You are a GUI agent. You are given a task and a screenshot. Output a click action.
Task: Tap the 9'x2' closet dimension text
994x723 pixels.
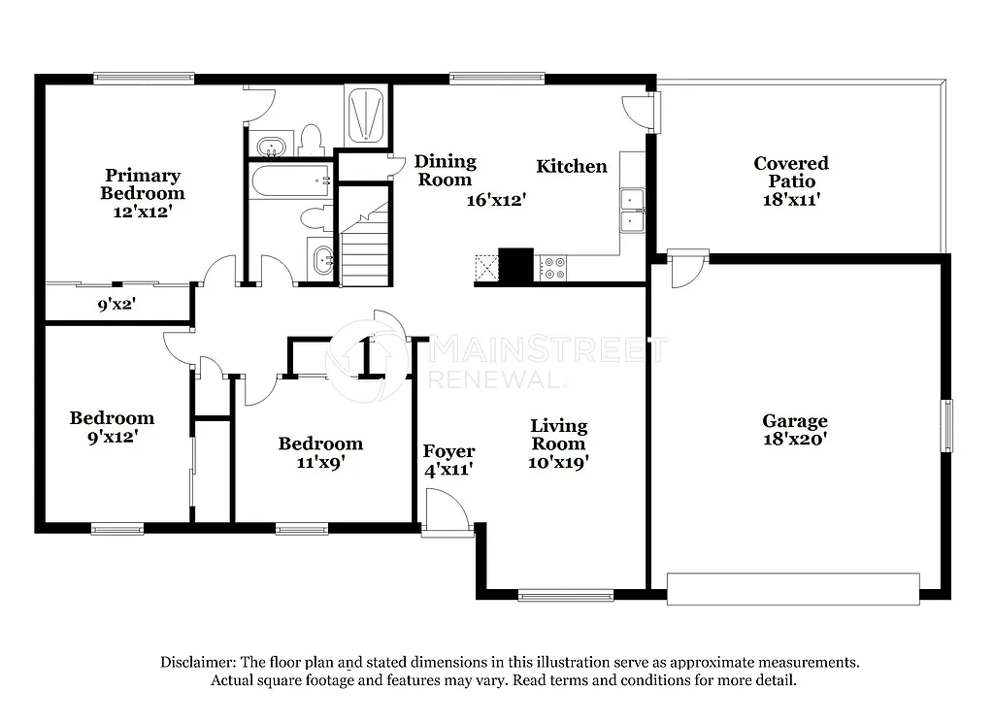pos(116,303)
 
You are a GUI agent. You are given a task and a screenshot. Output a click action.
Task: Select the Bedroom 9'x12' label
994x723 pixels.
pos(112,427)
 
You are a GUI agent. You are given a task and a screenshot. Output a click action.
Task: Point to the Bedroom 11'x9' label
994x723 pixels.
pos(320,452)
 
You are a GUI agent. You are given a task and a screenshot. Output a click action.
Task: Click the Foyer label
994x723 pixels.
pos(448,460)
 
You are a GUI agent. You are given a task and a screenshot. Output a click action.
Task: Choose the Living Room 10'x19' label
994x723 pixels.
pos(558,444)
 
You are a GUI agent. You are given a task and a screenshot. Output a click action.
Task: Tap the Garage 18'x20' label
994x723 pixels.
pos(794,429)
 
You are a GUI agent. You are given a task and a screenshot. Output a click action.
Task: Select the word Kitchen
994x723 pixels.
pos(572,166)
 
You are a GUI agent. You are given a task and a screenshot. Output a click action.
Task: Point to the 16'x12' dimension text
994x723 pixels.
pos(496,200)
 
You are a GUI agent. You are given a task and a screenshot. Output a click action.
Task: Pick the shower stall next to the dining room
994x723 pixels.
pos(366,115)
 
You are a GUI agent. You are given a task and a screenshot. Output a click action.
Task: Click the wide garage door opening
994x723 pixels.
pos(792,589)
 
